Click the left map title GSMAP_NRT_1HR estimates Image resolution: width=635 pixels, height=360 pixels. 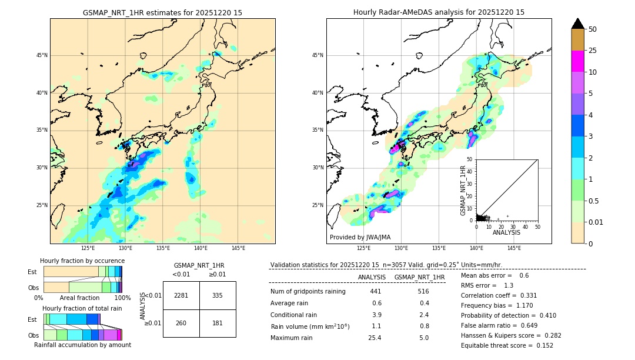162,12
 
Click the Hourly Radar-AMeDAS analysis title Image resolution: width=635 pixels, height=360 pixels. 439,12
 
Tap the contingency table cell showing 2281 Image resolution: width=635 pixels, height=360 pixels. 181,295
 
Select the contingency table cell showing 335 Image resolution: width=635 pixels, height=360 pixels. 218,295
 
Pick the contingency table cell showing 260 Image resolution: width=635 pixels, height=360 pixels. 181,323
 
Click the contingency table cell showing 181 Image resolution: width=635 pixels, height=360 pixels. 218,323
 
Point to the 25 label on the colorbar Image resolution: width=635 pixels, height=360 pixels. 593,51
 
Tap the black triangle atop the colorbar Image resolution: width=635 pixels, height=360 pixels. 578,24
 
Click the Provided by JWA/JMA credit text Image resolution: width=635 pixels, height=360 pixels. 360,238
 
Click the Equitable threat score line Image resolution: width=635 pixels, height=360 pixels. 507,345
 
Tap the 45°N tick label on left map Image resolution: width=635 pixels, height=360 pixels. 42,55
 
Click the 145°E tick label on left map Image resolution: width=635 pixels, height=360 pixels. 238,248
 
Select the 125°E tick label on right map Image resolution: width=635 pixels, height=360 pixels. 364,248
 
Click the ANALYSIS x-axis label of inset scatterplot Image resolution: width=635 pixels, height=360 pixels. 506,232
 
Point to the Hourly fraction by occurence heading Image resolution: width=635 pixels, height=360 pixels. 82,261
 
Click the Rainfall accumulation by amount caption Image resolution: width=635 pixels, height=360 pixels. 82,345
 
